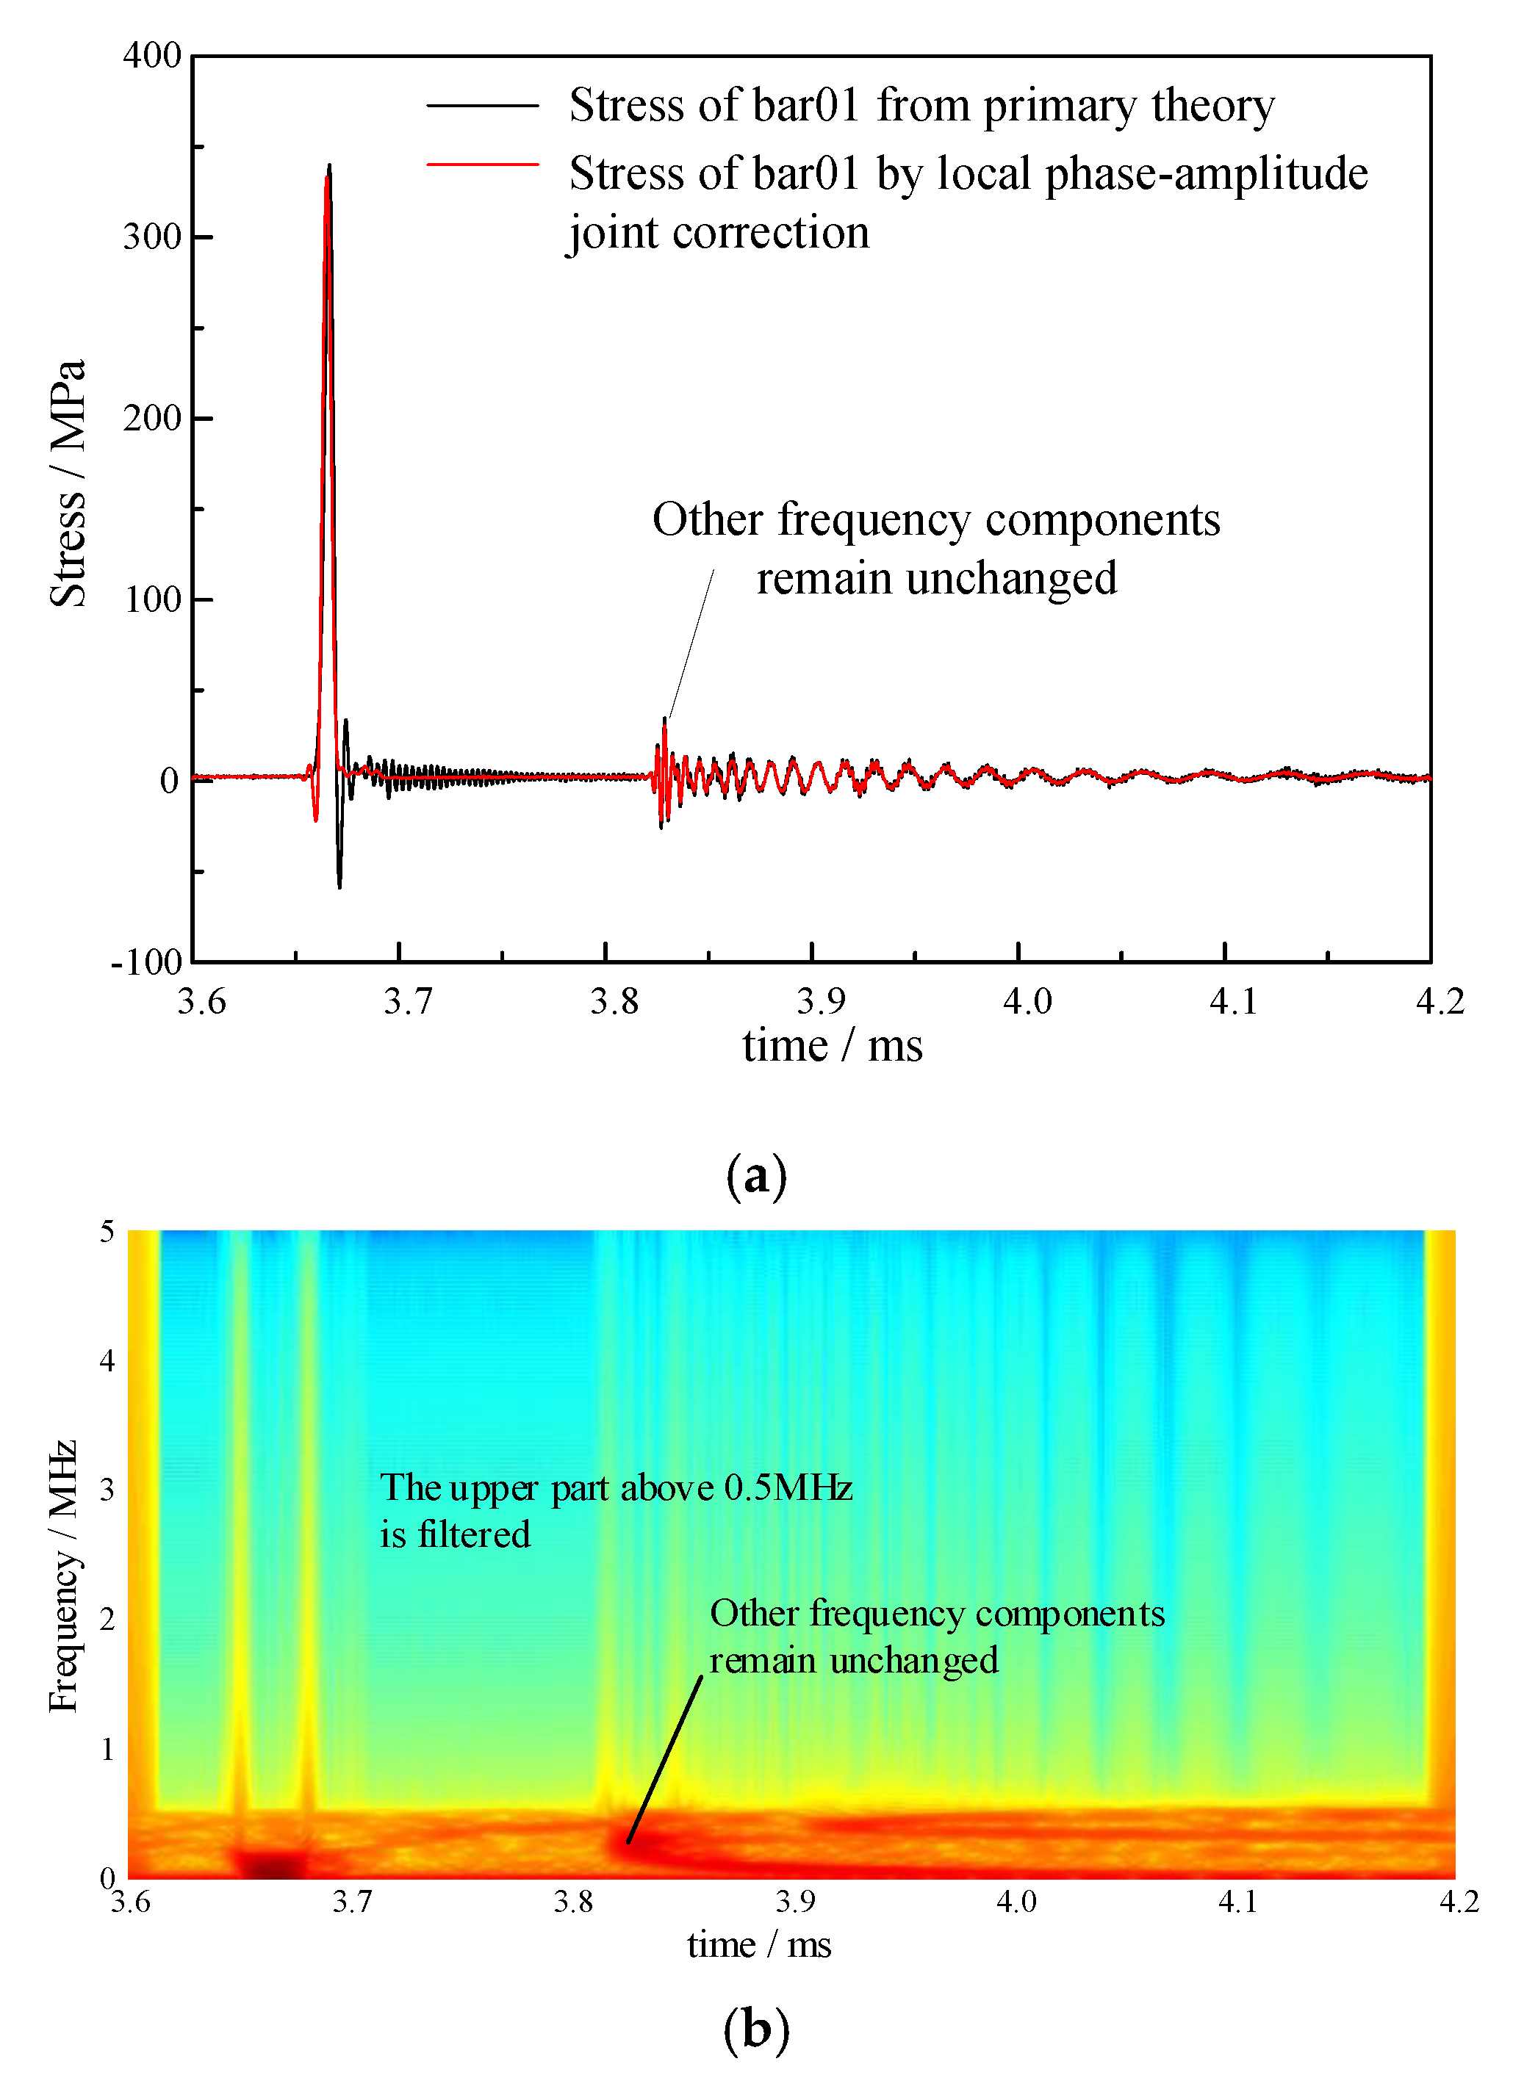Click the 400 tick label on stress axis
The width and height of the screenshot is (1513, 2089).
152,55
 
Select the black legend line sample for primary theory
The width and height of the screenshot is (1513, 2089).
482,106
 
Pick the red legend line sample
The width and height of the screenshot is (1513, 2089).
482,165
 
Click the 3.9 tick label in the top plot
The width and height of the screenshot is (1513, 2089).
820,1001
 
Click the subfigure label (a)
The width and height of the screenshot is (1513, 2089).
755,1176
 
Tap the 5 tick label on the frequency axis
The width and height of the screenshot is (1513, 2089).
107,1232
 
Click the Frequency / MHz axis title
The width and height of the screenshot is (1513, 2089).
62,1575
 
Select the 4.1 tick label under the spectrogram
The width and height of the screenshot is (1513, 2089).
1237,1901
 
